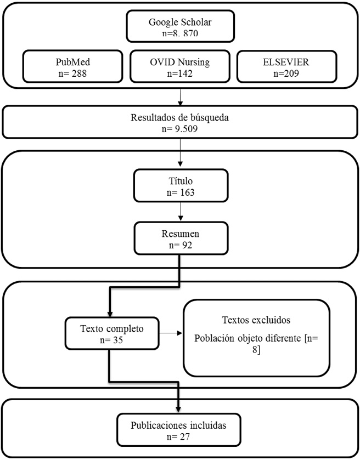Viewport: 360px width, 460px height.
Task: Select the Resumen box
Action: click(x=180, y=238)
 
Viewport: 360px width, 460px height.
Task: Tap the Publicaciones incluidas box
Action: click(x=180, y=430)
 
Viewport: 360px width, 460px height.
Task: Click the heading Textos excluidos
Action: click(x=256, y=320)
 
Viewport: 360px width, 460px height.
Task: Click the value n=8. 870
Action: click(x=180, y=33)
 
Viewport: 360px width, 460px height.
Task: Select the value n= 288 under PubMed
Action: click(x=70, y=73)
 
